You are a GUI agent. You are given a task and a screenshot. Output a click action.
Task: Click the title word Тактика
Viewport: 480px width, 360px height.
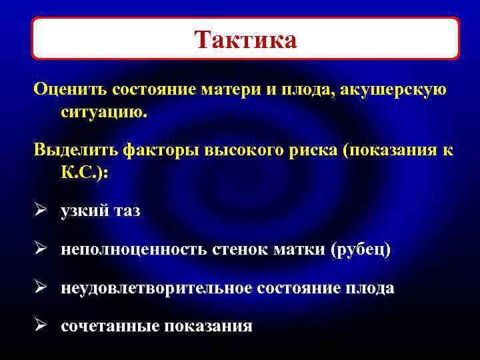(246, 40)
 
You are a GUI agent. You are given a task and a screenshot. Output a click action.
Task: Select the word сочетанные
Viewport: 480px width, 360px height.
(110, 326)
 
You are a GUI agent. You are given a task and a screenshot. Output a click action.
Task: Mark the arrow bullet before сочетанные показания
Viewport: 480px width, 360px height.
(40, 326)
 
